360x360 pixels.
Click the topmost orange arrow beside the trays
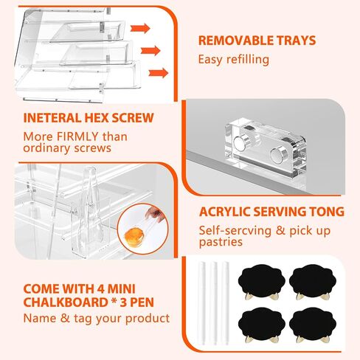[x=140, y=28]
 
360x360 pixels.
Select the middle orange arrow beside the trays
[x=150, y=51]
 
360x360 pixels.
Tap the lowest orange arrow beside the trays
[x=159, y=73]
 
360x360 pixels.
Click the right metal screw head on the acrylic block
[x=277, y=156]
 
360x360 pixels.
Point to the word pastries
[x=221, y=242]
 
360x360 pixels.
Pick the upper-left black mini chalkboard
[x=261, y=280]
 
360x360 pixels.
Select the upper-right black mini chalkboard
[x=313, y=280]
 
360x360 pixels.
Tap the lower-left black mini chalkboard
[x=261, y=322]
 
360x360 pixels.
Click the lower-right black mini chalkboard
[x=313, y=322]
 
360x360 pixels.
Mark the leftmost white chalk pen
[x=201, y=303]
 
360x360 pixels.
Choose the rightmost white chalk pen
[x=225, y=303]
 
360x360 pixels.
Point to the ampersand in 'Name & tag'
[x=65, y=319]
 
